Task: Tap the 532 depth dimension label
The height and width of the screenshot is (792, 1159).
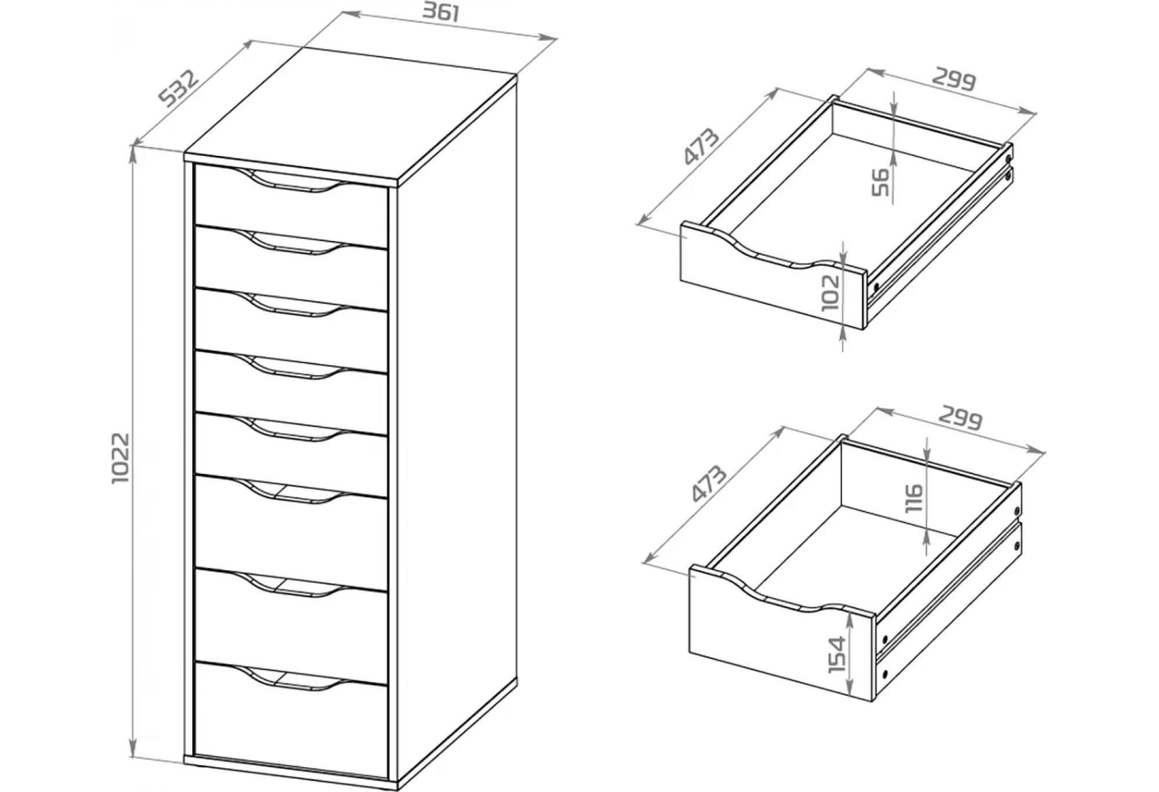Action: [x=179, y=88]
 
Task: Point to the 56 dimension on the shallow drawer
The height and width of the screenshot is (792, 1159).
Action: [x=880, y=182]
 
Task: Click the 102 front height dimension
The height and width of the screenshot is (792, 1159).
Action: [x=830, y=292]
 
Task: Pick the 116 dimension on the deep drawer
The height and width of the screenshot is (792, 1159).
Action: [x=913, y=498]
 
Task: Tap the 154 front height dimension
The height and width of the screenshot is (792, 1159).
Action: [x=837, y=655]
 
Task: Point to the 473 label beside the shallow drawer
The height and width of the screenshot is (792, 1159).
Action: [x=702, y=146]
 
